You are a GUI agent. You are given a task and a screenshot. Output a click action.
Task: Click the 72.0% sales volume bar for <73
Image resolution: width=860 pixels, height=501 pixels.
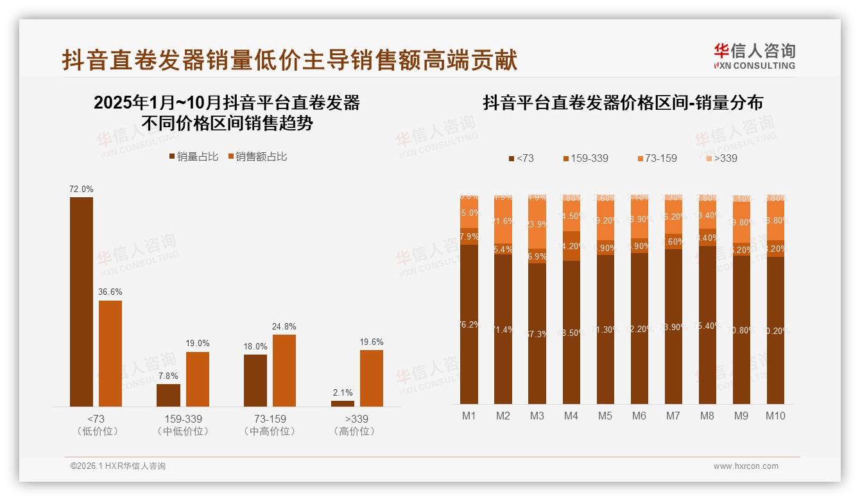[x=82, y=301]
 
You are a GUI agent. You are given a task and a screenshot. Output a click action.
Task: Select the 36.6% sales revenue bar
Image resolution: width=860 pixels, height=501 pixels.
[x=110, y=353]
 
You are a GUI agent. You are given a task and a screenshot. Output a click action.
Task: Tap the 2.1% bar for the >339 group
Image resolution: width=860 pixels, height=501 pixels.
[x=343, y=403]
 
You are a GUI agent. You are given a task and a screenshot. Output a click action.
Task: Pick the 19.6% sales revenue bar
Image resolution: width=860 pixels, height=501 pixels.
[x=372, y=378]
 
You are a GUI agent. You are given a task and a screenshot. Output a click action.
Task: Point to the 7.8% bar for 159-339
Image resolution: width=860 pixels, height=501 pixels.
[x=169, y=395]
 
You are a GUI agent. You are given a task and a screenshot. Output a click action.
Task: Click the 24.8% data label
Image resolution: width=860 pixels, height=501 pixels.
[x=284, y=326]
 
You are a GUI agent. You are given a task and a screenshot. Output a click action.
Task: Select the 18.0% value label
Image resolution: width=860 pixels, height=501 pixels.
[x=255, y=346]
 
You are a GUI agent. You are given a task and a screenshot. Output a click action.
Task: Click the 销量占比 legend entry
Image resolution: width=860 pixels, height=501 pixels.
[x=194, y=156]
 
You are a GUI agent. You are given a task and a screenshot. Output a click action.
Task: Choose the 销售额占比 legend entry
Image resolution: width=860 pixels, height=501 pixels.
[x=257, y=156]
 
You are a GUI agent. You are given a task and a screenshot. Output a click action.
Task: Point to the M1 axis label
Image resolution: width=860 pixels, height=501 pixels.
[x=469, y=416]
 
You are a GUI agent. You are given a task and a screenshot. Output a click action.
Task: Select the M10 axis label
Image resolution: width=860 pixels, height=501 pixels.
[x=775, y=416]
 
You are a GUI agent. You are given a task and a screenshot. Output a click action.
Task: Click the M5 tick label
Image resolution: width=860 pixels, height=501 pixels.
[x=605, y=416]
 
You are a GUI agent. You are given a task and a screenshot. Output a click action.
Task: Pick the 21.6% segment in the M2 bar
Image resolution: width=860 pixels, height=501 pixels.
[x=503, y=221]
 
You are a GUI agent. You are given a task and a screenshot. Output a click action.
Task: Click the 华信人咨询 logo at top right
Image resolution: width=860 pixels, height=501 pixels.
[x=754, y=56]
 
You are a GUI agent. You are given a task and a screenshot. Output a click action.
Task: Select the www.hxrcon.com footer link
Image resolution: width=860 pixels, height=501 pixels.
[x=746, y=466]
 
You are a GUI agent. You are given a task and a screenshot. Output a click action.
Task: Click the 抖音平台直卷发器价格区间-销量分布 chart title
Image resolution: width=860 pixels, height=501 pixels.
[x=623, y=103]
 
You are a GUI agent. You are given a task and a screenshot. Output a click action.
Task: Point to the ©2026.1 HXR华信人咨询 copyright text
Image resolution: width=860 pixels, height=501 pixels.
[x=118, y=466]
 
